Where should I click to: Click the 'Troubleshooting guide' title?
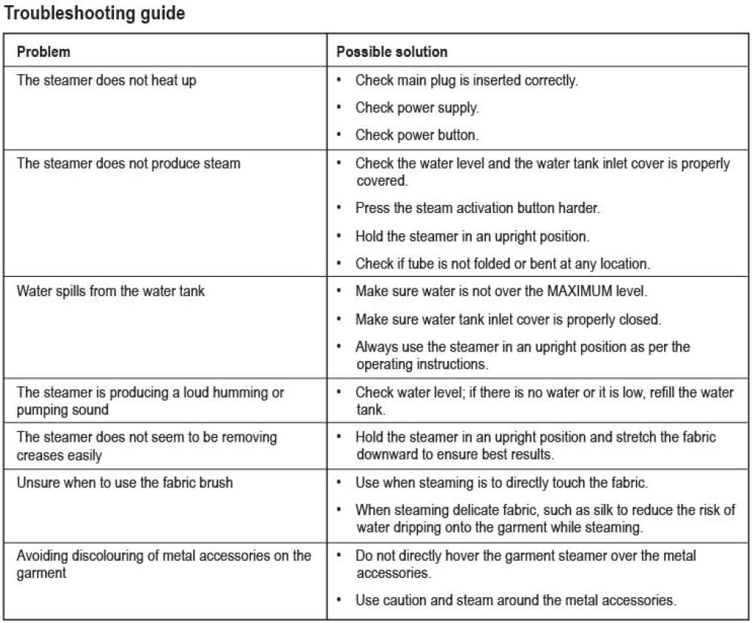[x=95, y=13]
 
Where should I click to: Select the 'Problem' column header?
[x=44, y=52]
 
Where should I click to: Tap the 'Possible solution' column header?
[x=392, y=52]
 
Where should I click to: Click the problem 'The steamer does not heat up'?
[x=106, y=80]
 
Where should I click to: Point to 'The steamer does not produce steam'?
[x=128, y=163]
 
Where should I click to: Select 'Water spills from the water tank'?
[x=111, y=291]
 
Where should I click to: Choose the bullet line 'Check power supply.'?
[x=417, y=108]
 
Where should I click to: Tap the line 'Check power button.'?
[x=417, y=135]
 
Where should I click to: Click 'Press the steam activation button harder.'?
[x=477, y=209]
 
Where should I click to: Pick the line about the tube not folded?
[x=502, y=263]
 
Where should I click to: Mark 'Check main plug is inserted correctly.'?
[x=466, y=80]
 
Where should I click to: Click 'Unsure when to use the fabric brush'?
[x=125, y=482]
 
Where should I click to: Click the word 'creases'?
[x=39, y=455]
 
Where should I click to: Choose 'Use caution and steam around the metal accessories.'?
[x=515, y=600]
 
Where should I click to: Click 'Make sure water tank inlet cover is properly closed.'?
[x=508, y=319]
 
